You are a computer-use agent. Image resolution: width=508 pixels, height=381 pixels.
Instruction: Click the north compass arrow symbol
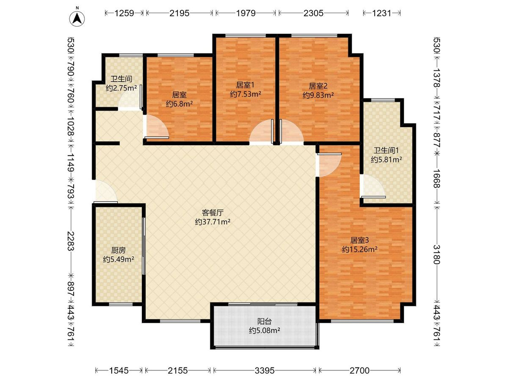[x=77, y=19]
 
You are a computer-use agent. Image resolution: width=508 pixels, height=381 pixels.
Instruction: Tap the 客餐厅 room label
[x=213, y=213]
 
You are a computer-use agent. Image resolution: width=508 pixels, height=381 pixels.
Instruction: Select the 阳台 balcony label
[x=265, y=321]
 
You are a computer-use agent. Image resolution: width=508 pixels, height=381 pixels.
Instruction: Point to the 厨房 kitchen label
[x=118, y=250]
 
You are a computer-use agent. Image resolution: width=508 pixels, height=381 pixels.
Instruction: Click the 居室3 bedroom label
[x=360, y=240]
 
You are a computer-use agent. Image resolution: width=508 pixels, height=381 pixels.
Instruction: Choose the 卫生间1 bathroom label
[x=386, y=150]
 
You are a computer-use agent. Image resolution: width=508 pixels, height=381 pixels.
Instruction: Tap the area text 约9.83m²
[x=318, y=95]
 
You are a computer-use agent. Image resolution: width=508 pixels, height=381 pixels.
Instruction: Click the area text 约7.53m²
[x=246, y=94]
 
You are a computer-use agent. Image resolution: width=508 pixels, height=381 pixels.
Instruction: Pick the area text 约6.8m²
[x=179, y=104]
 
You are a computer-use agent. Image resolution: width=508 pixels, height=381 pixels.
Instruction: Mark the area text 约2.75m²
[x=121, y=88]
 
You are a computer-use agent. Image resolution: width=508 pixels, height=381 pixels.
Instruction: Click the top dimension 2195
[x=179, y=13]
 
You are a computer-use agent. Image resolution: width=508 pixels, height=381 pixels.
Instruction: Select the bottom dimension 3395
[x=265, y=370]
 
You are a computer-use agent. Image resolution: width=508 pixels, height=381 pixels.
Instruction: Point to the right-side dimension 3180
[x=436, y=254]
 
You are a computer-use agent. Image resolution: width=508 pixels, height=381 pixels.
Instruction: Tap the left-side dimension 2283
[x=71, y=241]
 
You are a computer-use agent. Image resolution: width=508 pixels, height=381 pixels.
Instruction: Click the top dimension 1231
[x=382, y=13]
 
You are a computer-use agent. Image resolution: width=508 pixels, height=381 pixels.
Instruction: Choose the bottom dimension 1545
[x=119, y=370]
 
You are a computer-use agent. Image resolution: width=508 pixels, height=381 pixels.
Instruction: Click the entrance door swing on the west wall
[x=105, y=191]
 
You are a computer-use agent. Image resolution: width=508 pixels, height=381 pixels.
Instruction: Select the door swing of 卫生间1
[x=373, y=186]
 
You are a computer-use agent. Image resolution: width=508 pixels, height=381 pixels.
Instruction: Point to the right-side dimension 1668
[x=436, y=178]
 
